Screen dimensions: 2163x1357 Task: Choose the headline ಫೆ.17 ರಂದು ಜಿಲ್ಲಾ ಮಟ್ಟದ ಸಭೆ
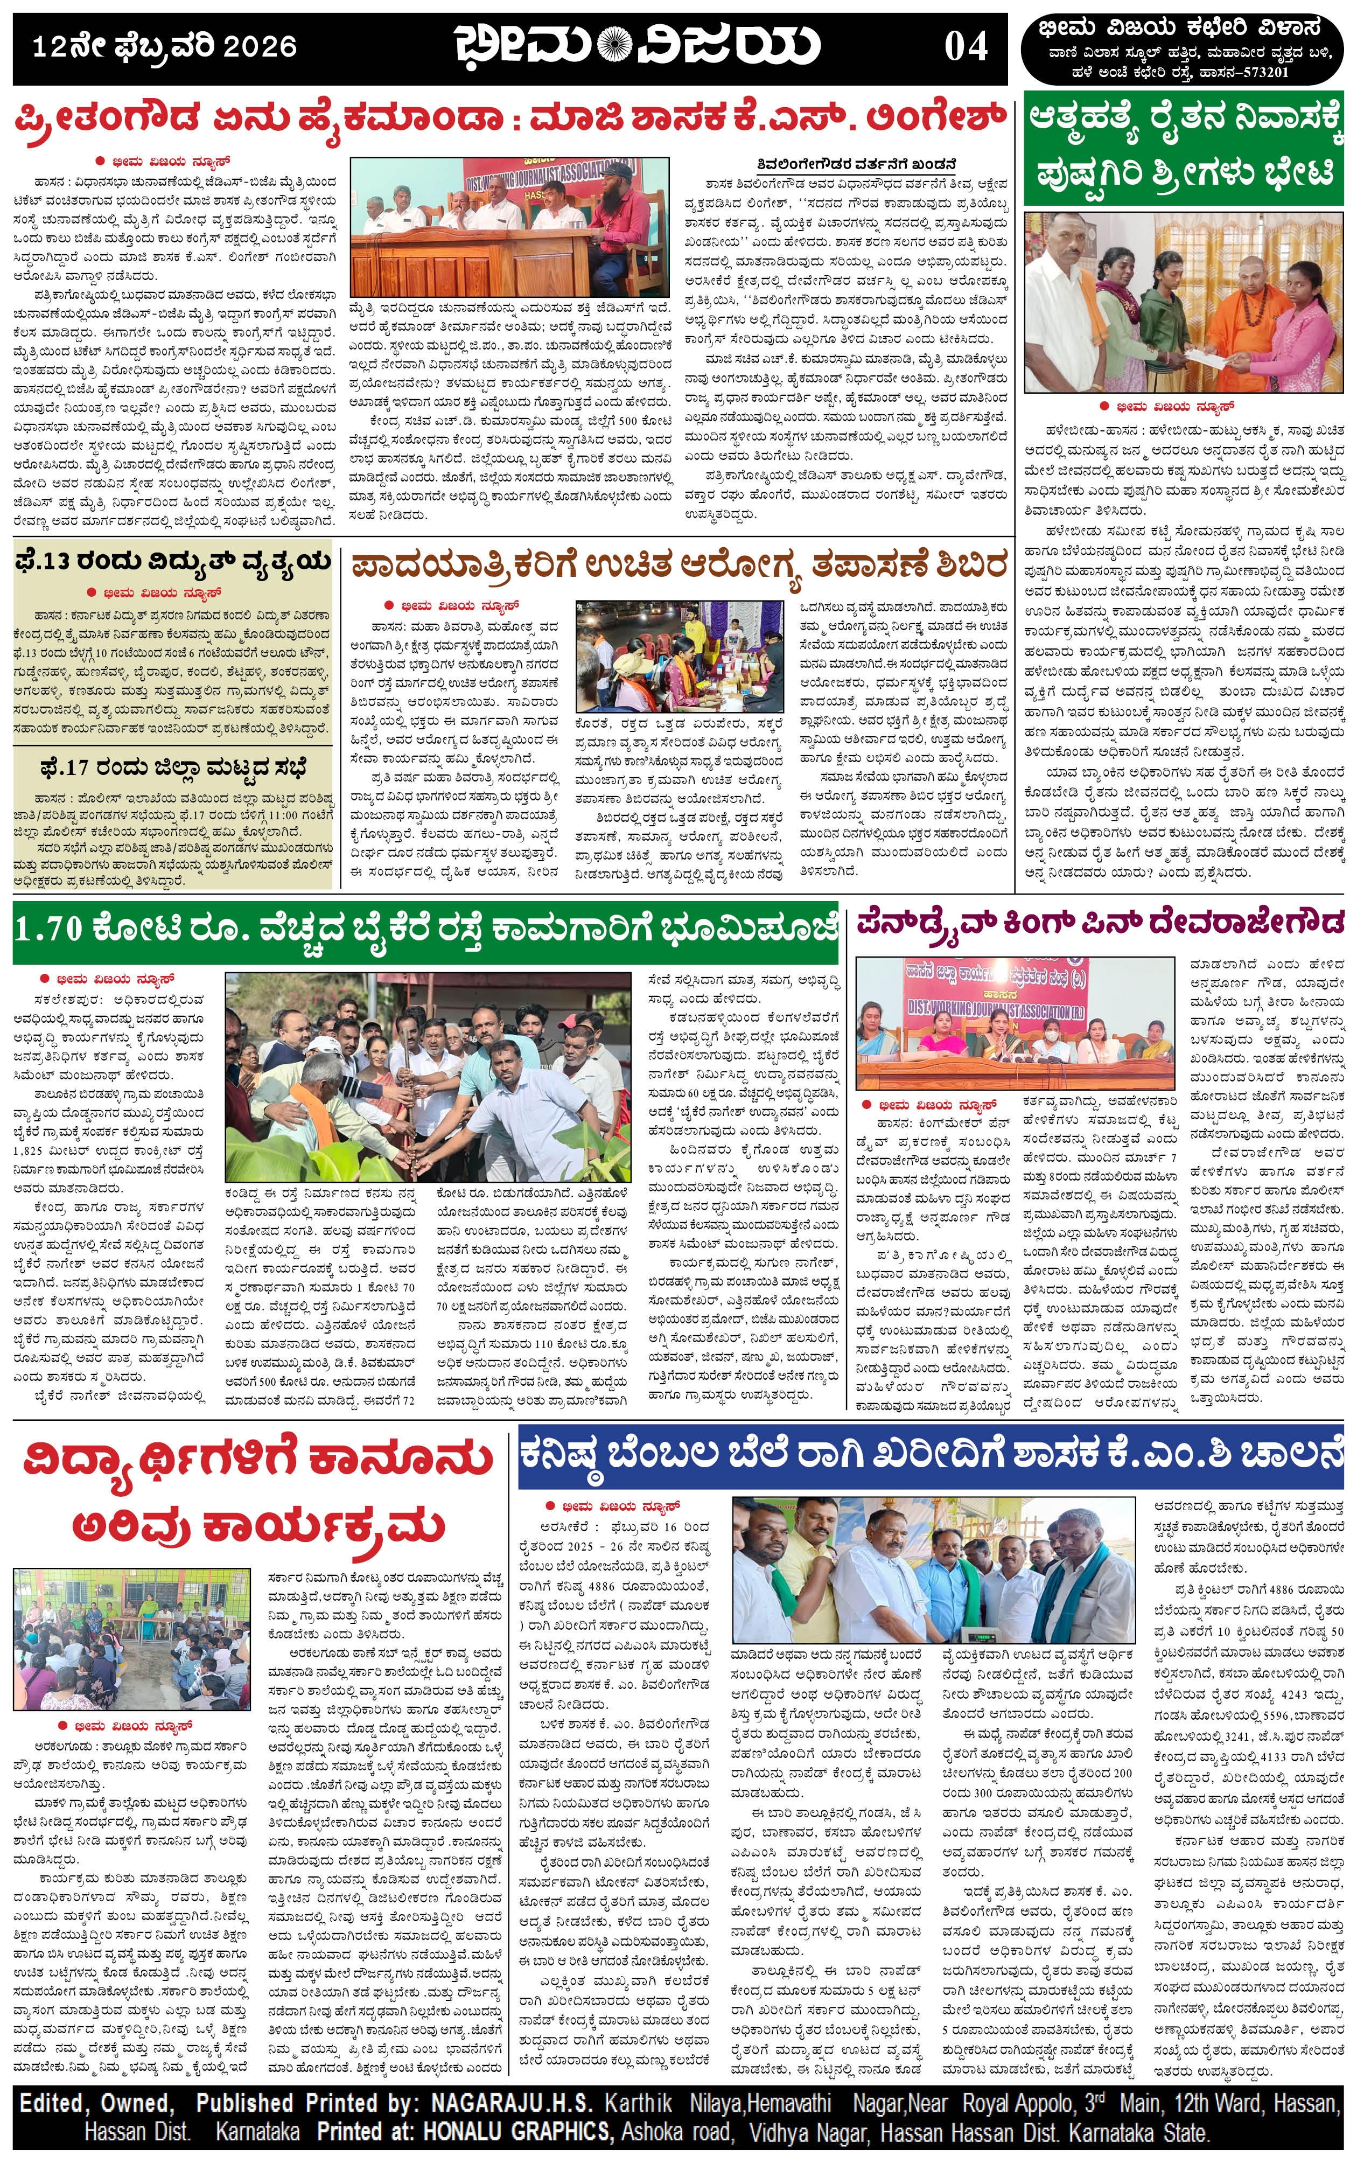point(172,767)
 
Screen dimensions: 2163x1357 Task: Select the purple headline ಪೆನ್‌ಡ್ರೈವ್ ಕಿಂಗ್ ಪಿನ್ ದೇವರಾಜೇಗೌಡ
point(1100,922)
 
